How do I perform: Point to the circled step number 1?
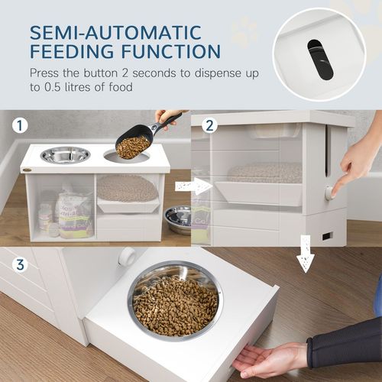(x=19, y=124)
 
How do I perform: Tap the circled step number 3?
(x=18, y=265)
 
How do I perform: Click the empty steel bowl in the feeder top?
(x=65, y=154)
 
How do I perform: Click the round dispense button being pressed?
(x=329, y=193)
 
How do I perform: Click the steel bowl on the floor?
(x=178, y=219)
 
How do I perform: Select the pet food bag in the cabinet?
(x=75, y=215)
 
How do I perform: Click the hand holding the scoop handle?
(x=167, y=116)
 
